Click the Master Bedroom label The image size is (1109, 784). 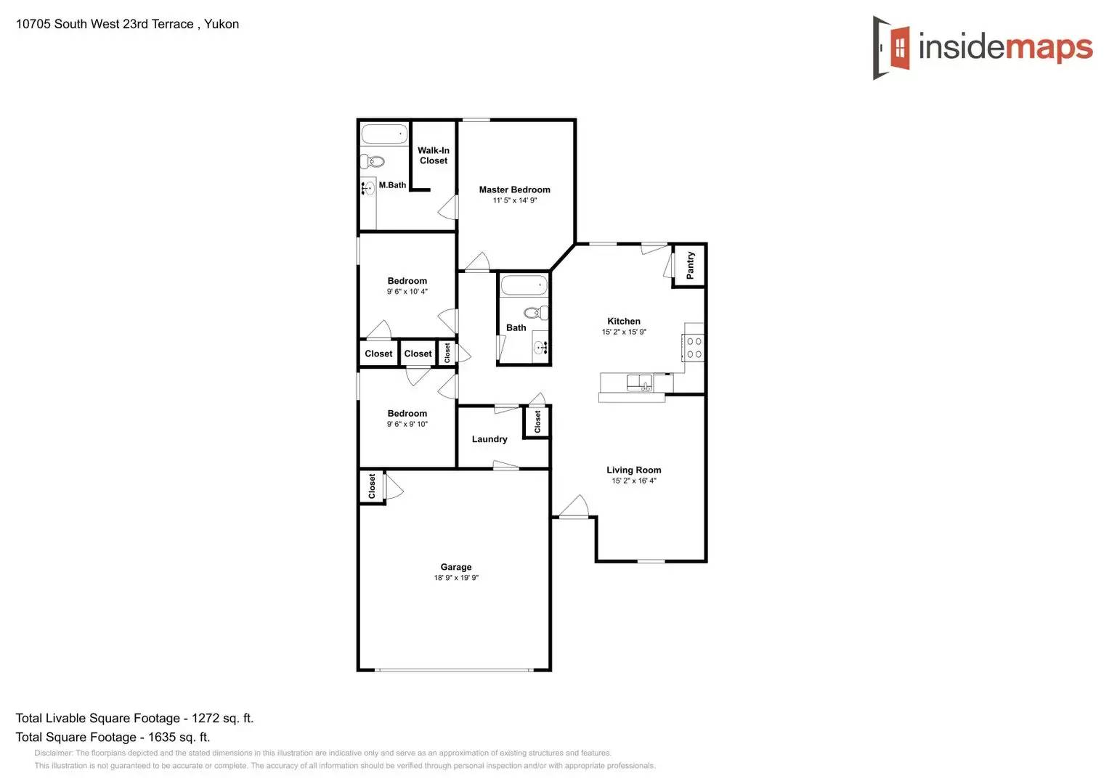[514, 189]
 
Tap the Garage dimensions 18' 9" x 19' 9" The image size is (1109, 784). [456, 578]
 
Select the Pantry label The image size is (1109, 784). [690, 265]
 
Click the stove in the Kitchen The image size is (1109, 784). [694, 348]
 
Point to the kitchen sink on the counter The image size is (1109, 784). [639, 383]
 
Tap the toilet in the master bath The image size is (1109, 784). [372, 160]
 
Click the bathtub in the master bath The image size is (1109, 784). [384, 134]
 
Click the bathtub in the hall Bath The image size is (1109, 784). [523, 285]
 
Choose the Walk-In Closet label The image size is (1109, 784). [434, 155]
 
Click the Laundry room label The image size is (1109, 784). [489, 439]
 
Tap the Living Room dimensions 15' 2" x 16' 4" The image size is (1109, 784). [633, 481]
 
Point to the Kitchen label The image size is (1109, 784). [624, 321]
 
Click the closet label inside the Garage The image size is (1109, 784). [372, 486]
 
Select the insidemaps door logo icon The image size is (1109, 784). [892, 48]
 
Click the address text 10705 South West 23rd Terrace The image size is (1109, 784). [105, 24]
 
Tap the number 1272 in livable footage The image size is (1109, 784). [206, 718]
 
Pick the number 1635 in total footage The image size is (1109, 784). [162, 737]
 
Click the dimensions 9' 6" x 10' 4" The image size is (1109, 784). [407, 292]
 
